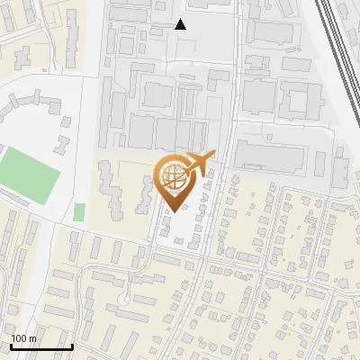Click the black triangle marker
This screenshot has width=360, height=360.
pyautogui.click(x=181, y=24)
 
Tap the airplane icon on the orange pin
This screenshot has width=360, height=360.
pyautogui.click(x=198, y=164)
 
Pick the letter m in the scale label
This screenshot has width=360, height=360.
pyautogui.click(x=33, y=339)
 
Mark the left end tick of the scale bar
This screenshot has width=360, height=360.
pyautogui.click(x=11, y=346)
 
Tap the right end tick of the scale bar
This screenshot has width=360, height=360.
pyautogui.click(x=72, y=346)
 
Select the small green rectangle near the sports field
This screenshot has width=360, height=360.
pyautogui.click(x=79, y=212)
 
